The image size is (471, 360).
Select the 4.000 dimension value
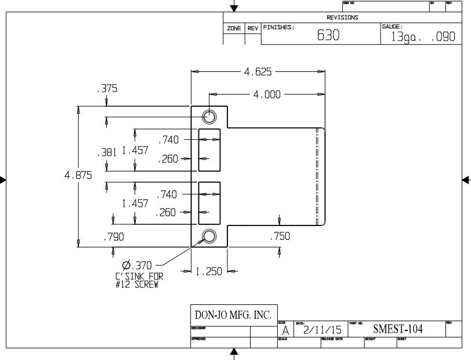[267, 94]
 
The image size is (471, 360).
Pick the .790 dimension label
[113, 237]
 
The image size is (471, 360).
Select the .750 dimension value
[280, 236]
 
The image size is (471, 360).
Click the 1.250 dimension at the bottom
[209, 271]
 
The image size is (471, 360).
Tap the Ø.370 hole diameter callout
[137, 265]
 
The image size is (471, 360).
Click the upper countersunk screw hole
[209, 117]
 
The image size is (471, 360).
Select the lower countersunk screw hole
[209, 236]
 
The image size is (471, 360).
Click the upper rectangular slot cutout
[209, 150]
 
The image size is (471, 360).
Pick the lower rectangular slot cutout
[209, 203]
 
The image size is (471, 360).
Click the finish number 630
[328, 35]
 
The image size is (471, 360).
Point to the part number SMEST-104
[398, 329]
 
